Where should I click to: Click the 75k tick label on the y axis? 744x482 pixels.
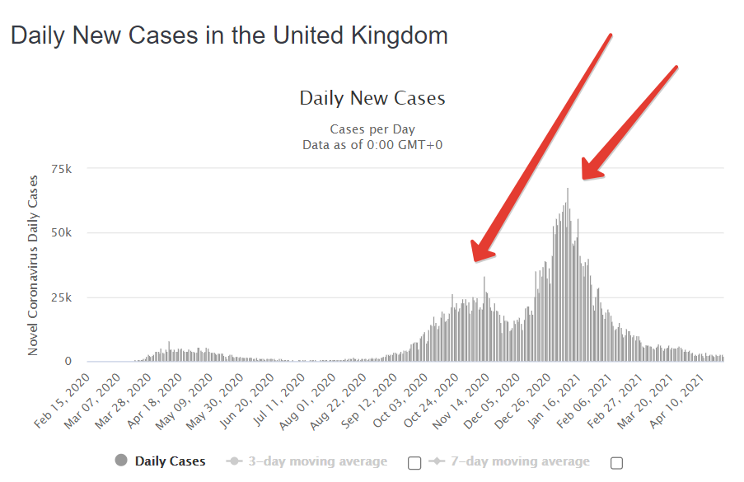(62, 169)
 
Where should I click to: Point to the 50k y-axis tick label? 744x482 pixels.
(62, 232)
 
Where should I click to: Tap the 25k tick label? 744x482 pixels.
(62, 297)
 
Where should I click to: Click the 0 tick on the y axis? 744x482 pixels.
(68, 361)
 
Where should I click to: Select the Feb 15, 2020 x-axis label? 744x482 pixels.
(62, 401)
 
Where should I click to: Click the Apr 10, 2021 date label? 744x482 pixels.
(677, 401)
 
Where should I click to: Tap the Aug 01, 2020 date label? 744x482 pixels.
(307, 401)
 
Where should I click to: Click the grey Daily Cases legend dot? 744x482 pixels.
(121, 461)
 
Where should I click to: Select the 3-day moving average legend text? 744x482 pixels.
(317, 461)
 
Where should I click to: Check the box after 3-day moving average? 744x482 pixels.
(414, 463)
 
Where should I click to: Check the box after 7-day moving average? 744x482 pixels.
(616, 463)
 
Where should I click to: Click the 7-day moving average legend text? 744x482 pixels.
(520, 461)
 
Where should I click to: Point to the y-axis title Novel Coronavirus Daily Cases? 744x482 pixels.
(33, 265)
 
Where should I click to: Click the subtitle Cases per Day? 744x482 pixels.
(372, 129)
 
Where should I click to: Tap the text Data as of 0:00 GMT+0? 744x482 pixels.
(372, 145)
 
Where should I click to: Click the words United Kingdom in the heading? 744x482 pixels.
(360, 35)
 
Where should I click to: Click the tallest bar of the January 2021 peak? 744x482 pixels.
(568, 274)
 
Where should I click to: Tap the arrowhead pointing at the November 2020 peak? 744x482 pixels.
(481, 252)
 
